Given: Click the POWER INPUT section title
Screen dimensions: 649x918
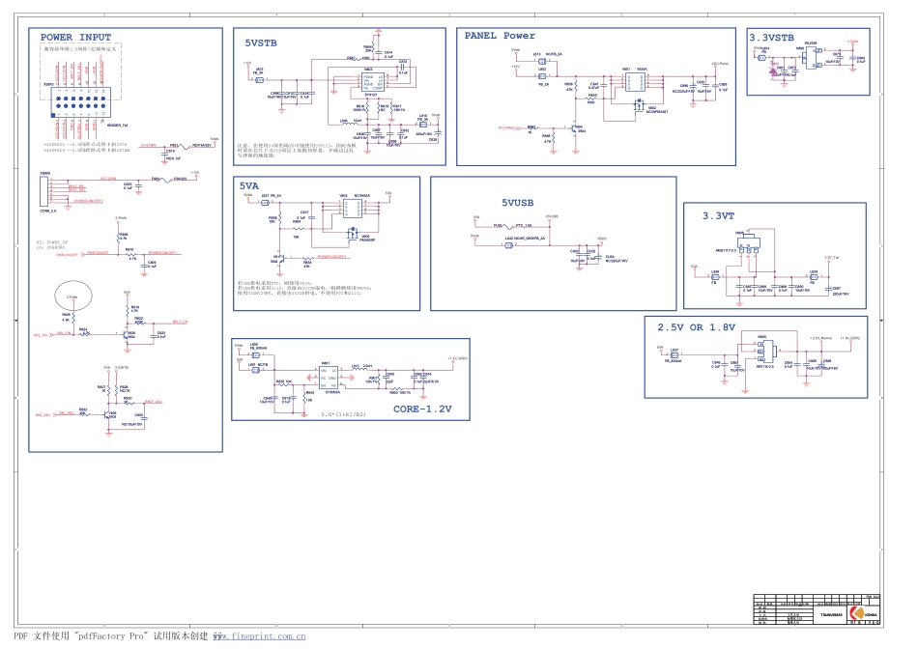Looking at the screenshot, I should point(75,38).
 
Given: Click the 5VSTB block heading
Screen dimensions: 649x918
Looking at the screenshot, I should point(261,43).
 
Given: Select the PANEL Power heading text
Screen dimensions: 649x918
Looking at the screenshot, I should point(500,36).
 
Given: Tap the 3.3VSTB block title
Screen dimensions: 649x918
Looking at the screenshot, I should point(771,38).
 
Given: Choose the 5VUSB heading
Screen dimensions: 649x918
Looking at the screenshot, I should point(517,203).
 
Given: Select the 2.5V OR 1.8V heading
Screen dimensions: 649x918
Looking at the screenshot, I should point(696,326).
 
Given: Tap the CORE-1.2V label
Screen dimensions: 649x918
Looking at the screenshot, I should point(422,409).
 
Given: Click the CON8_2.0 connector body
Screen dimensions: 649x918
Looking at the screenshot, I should point(47,191).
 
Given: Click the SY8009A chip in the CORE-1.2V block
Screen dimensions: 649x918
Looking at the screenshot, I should point(332,377).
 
